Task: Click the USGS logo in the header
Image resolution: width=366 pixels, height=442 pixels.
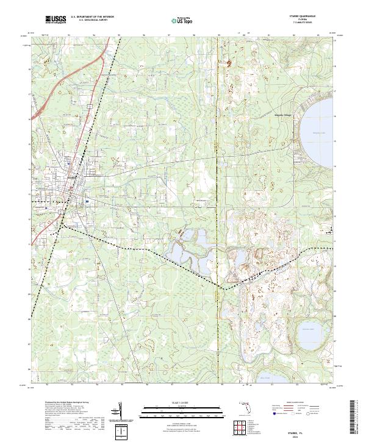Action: pyautogui.click(x=56, y=20)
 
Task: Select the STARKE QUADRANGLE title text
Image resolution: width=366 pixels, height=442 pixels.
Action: pyautogui.click(x=311, y=17)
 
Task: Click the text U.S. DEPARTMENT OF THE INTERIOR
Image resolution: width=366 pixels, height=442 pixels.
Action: pyautogui.click(x=91, y=18)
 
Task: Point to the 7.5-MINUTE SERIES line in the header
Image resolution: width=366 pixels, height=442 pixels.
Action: pyautogui.click(x=311, y=24)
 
